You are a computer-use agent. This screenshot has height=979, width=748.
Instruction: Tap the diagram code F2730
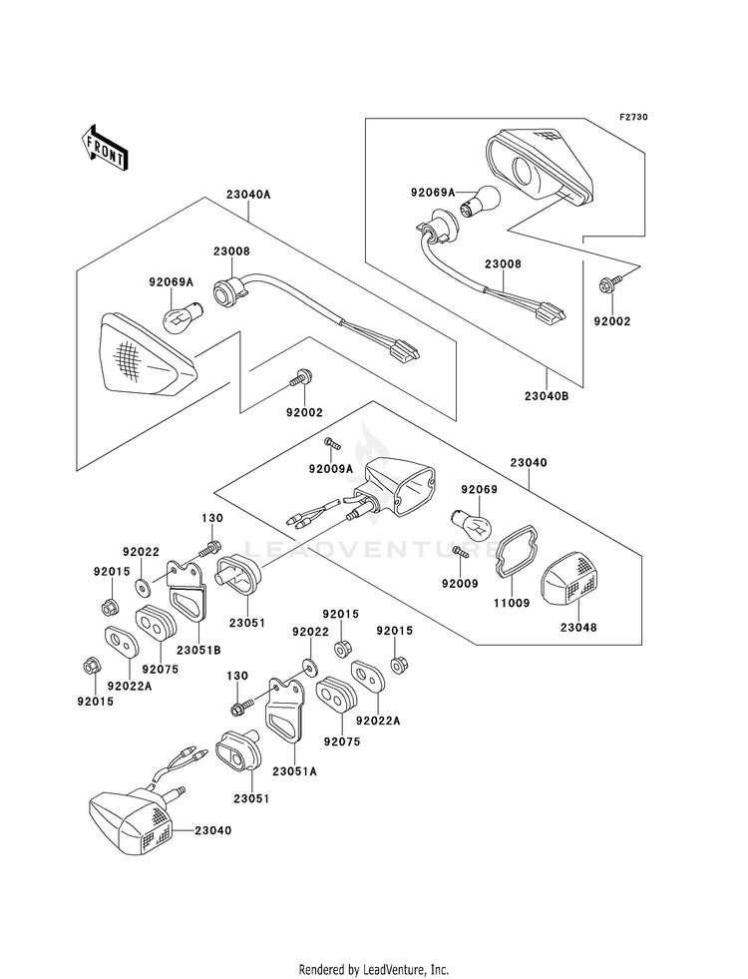[x=633, y=117]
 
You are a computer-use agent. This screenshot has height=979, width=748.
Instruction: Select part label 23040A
[x=248, y=195]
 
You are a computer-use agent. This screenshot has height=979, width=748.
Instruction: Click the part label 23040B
[x=547, y=396]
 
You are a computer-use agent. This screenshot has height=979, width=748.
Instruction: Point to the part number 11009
[x=512, y=603]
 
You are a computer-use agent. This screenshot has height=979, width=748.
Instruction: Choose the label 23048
[x=578, y=627]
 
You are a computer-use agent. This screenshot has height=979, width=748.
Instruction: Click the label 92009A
[x=331, y=468]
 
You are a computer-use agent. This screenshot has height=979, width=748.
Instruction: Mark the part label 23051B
[x=199, y=650]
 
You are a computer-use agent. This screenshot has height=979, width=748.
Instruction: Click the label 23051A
[x=294, y=771]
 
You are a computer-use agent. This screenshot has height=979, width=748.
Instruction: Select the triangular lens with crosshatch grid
[x=148, y=357]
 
